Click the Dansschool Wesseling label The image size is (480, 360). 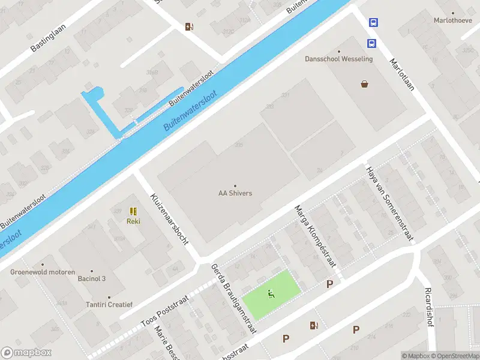coord(339,59)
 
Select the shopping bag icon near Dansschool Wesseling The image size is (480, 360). coord(364,84)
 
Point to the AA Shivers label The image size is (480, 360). coord(235,193)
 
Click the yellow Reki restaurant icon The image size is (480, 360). coord(133,212)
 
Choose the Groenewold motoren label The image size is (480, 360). coord(42,272)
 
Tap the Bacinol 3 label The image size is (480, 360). coord(92,278)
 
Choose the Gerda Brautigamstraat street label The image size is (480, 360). coord(234,298)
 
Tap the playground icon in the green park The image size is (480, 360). coord(271,294)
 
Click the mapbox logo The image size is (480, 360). coord(26,353)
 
